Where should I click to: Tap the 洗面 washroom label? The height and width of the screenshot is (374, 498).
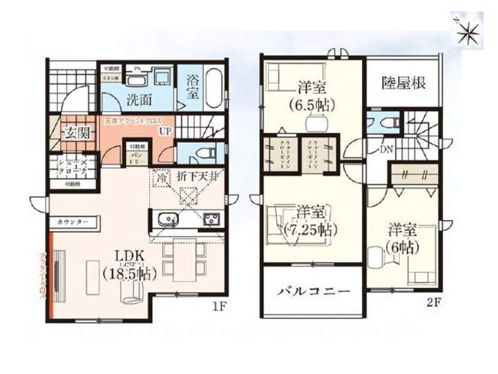click(x=138, y=99)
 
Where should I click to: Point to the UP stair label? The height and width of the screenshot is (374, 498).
click(x=164, y=131)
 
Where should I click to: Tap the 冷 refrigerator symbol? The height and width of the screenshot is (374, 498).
click(x=161, y=177)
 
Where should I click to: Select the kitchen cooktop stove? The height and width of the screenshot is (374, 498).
click(x=209, y=220)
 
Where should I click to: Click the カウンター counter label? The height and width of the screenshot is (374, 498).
click(x=73, y=222)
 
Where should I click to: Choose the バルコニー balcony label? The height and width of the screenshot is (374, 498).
click(x=313, y=291)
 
